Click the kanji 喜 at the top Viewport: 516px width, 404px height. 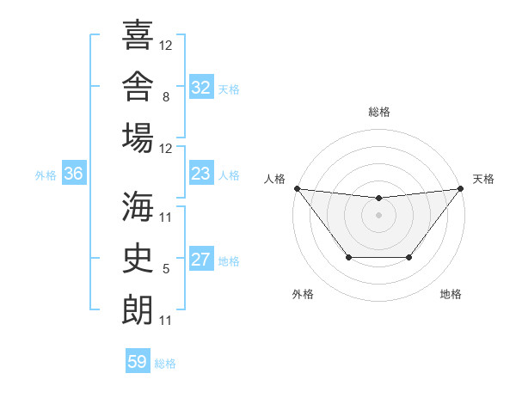[138, 34]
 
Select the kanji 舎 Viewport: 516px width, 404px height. [138, 86]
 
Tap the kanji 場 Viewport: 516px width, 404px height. [138, 138]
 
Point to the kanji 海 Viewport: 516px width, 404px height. [138, 206]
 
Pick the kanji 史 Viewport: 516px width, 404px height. [138, 258]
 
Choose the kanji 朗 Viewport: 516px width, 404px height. [138, 309]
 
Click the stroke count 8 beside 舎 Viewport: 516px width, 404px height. [166, 97]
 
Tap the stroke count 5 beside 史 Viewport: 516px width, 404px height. [166, 269]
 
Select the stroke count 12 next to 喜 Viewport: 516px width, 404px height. [165, 46]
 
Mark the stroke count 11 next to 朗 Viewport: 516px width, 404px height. [165, 321]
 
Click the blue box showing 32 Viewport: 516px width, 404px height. [201, 87]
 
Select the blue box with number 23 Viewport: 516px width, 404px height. [201, 173]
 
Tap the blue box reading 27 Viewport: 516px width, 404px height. [201, 258]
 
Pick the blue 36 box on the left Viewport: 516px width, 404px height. [74, 173]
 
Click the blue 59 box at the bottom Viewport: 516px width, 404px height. [138, 360]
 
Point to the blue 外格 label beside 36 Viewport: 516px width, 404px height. [46, 175]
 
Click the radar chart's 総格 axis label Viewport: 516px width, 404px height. [379, 112]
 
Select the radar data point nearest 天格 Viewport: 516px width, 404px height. [461, 188]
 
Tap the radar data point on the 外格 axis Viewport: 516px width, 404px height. [349, 257]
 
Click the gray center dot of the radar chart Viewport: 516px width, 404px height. [378, 215]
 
